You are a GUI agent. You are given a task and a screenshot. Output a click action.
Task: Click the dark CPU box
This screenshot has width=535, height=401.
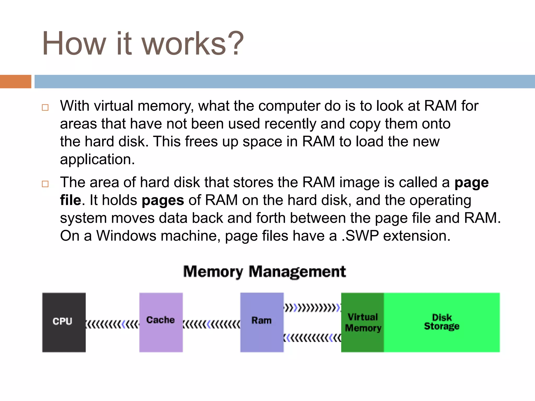tap(64, 322)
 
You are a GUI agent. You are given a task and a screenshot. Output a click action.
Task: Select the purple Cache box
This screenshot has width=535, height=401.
tap(161, 322)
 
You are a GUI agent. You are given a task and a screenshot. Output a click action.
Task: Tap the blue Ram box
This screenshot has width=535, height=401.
tap(262, 322)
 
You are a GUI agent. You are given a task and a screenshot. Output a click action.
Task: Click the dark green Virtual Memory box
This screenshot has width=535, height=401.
tap(363, 322)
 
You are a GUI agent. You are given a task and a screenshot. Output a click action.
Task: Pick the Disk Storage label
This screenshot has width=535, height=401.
tap(442, 322)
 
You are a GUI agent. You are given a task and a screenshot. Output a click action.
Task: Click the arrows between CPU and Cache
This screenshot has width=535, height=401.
tap(112, 325)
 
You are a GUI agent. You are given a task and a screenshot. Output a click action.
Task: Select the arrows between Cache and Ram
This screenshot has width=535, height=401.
tap(211, 325)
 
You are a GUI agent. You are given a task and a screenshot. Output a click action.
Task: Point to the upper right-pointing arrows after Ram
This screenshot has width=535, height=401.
tap(312, 308)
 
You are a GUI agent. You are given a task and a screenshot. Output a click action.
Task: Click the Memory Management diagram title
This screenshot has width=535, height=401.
tap(264, 272)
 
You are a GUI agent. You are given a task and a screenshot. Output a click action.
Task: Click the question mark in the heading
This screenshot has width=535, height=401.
tap(236, 43)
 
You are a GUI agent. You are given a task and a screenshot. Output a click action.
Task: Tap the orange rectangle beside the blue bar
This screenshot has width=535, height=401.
tap(16, 81)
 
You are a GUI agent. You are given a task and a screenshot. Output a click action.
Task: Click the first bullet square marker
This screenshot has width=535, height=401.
tap(45, 108)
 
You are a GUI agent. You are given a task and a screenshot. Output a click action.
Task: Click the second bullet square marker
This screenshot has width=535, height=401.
tap(45, 184)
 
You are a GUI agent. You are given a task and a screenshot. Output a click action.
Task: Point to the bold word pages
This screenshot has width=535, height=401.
tap(163, 200)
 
